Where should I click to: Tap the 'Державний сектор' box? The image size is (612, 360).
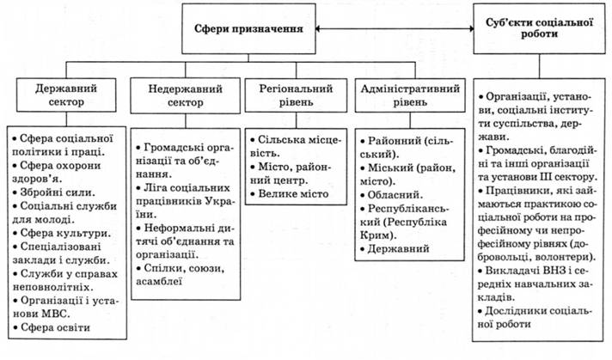[x=65, y=95]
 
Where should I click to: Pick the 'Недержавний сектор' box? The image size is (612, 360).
[x=181, y=95]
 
